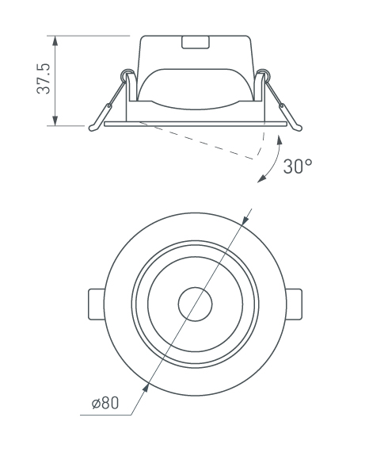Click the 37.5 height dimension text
pyautogui.click(x=44, y=79)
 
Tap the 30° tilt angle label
pyautogui.click(x=297, y=167)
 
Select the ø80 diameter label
pyautogui.click(x=105, y=403)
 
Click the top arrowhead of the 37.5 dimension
pyautogui.click(x=55, y=41)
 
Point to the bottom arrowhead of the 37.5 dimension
pyautogui.click(x=55, y=121)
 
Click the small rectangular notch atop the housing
pyautogui.click(x=196, y=42)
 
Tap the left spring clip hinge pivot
pyautogui.click(x=127, y=75)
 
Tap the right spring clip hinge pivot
pyautogui.click(x=264, y=75)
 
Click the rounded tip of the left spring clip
pyautogui.click(x=93, y=128)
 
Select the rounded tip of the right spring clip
pyautogui.click(x=299, y=128)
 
